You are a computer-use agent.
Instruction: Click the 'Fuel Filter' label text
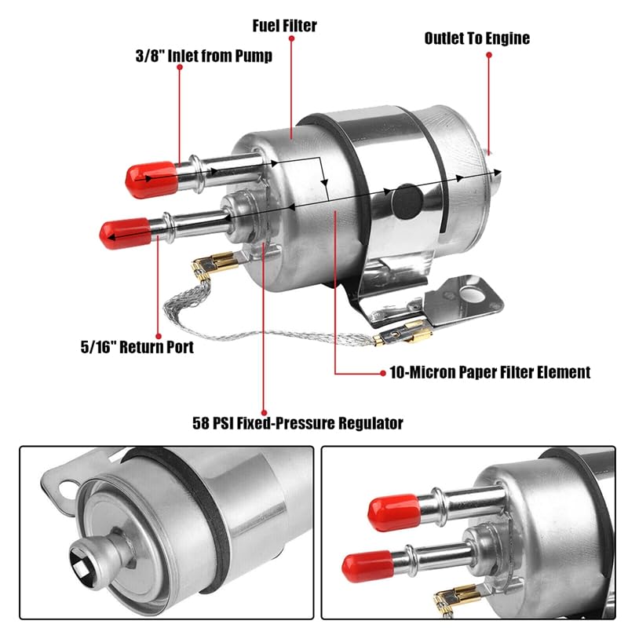[x=284, y=25]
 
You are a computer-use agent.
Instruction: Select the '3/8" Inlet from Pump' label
[x=203, y=57]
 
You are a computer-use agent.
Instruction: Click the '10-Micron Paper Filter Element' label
[x=490, y=372]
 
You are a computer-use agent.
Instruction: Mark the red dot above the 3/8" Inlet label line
[x=179, y=69]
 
